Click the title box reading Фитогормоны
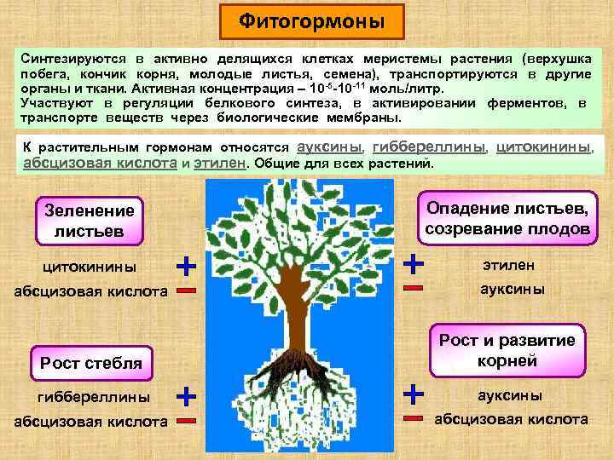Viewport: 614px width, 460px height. pyautogui.click(x=310, y=20)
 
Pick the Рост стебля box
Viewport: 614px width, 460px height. pyautogui.click(x=90, y=364)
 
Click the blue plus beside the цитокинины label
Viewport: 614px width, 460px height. pyautogui.click(x=186, y=265)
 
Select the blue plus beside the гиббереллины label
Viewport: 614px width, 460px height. pyautogui.click(x=186, y=395)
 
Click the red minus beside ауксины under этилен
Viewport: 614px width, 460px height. pyautogui.click(x=414, y=289)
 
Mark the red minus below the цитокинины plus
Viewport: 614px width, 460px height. pyautogui.click(x=186, y=291)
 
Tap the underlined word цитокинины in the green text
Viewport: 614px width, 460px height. pyautogui.click(x=543, y=146)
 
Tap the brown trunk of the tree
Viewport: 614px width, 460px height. pyautogui.click(x=297, y=298)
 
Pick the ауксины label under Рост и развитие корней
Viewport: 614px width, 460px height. pyautogui.click(x=511, y=395)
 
